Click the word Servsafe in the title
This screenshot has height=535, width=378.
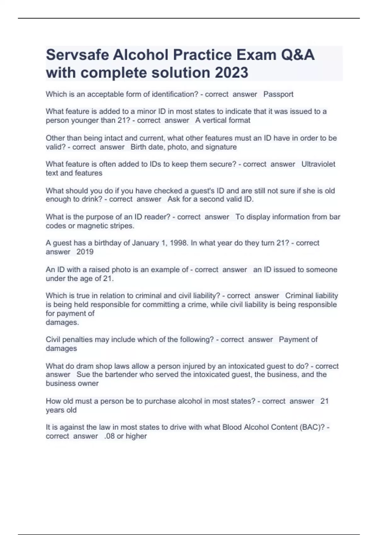(x=77, y=55)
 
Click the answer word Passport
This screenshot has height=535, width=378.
(x=278, y=94)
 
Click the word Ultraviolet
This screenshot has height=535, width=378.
(x=318, y=164)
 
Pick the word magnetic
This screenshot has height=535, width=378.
(x=95, y=226)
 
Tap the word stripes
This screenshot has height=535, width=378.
(x=123, y=226)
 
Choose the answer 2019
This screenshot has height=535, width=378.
(x=85, y=252)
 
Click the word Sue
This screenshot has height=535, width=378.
(x=83, y=374)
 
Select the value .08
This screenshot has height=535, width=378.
(x=109, y=436)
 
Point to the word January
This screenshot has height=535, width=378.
(x=145, y=243)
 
